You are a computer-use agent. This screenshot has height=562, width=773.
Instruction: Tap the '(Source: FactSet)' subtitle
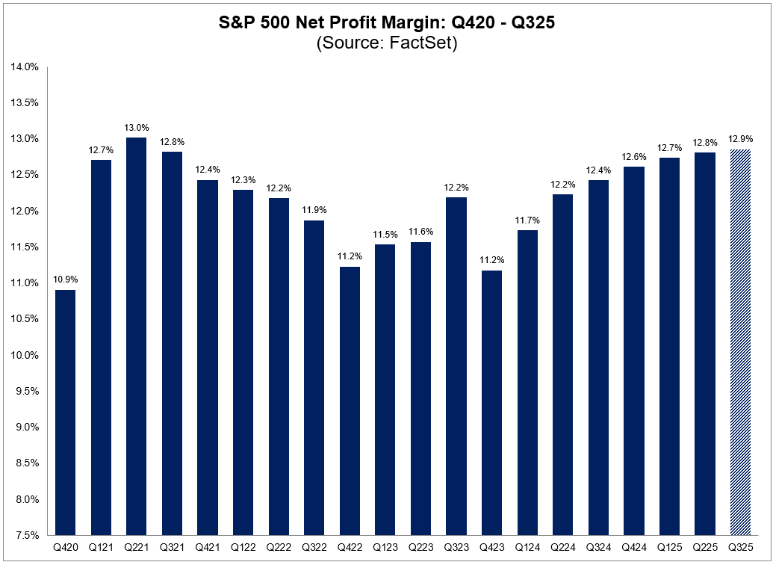click(386, 43)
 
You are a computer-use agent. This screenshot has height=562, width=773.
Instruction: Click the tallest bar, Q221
click(136, 336)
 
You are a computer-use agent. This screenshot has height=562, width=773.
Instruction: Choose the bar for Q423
click(491, 403)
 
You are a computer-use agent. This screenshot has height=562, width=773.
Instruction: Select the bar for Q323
click(456, 366)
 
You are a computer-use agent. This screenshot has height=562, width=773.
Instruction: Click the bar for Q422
click(349, 401)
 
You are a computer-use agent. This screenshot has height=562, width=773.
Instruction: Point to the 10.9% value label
click(65, 280)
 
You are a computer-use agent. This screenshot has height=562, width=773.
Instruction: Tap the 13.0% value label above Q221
click(136, 127)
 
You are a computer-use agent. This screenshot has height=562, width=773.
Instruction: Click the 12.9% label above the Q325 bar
click(740, 139)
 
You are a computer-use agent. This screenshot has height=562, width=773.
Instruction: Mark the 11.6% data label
click(420, 232)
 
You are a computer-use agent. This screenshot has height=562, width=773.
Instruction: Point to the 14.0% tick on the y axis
click(25, 67)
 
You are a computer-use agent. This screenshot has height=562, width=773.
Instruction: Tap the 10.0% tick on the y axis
click(25, 355)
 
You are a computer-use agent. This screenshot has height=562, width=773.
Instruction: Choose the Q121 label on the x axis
click(101, 548)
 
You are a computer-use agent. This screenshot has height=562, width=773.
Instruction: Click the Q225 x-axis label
click(704, 548)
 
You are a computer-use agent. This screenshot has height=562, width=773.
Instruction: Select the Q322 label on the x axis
click(314, 548)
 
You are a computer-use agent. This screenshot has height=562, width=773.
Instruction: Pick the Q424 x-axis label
click(633, 548)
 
